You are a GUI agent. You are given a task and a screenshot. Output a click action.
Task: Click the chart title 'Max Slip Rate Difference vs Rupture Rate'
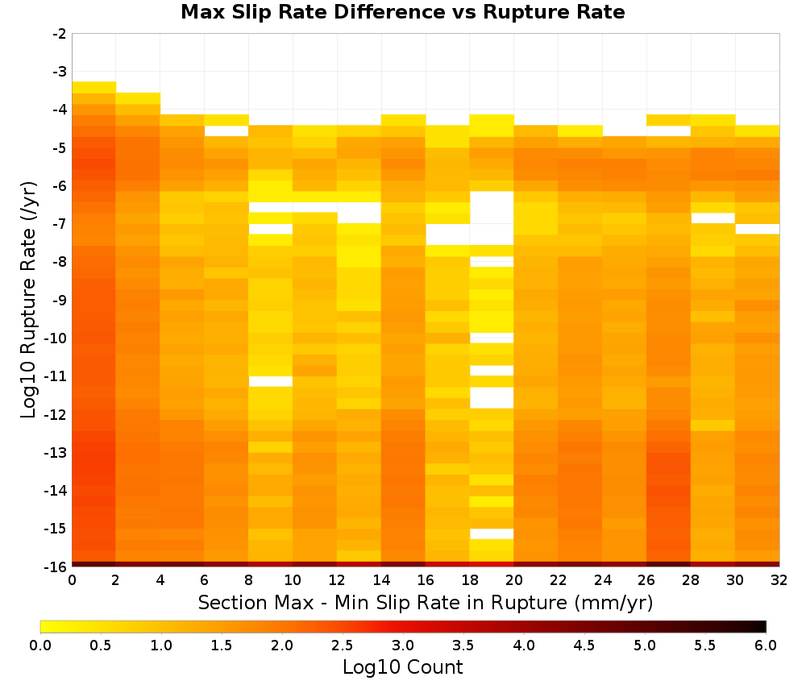coord(402,12)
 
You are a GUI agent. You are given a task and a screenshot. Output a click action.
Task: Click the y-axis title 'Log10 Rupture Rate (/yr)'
coord(28,300)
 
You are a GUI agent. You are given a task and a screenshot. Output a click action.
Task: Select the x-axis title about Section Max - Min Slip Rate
coord(425,603)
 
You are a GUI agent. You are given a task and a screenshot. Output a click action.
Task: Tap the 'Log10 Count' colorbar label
coord(402,667)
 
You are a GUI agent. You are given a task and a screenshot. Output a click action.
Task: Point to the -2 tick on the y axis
coord(60,34)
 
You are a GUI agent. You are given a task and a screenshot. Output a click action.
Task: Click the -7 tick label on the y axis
coord(60,224)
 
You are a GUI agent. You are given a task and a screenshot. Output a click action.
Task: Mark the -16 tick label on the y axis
coord(56,567)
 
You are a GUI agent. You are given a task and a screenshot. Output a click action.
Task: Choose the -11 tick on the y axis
coord(56,376)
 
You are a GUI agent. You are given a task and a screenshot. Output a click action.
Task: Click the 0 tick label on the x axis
coord(72,581)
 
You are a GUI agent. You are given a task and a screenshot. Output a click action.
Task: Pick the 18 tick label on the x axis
coord(470,581)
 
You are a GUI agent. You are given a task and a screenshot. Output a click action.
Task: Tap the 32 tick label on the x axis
coord(779,581)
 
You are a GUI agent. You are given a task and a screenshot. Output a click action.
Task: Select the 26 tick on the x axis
coord(646,581)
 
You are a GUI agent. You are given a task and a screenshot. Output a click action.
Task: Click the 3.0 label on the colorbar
coord(402,646)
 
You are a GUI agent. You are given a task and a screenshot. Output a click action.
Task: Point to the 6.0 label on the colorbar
coord(766,646)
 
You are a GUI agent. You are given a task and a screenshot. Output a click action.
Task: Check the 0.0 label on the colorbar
coord(40,646)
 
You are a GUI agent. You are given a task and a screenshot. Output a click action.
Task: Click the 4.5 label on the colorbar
coord(584,646)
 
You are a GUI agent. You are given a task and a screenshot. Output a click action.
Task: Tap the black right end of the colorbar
coord(764,626)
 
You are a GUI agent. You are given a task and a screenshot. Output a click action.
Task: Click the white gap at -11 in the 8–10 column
coord(270,381)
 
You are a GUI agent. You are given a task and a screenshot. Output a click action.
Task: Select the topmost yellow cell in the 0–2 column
coord(94,87)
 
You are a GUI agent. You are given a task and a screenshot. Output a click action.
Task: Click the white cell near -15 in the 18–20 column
coord(492,534)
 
